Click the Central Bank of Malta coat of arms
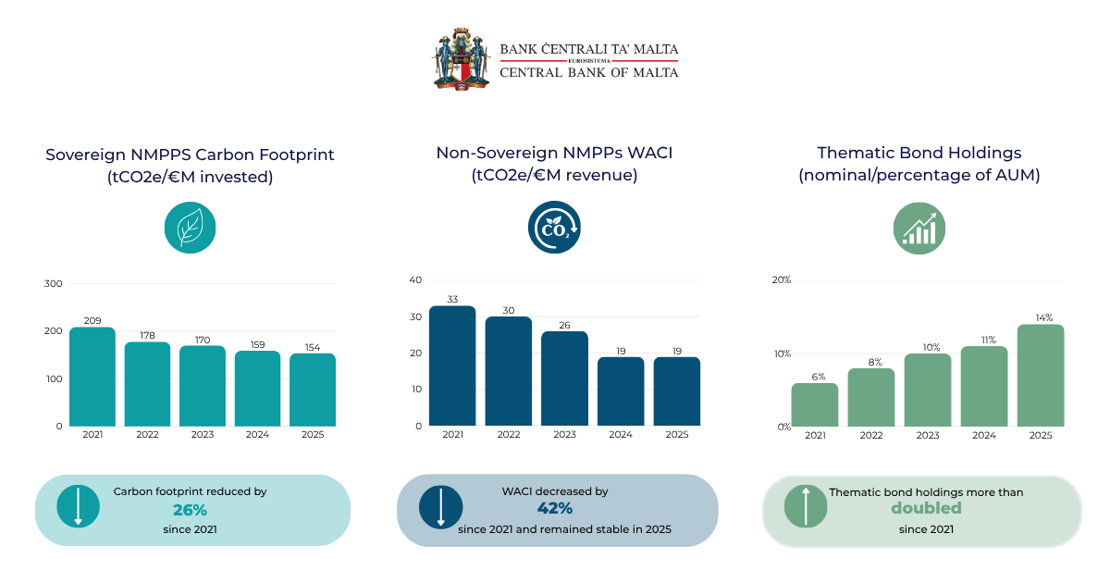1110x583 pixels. pyautogui.click(x=461, y=59)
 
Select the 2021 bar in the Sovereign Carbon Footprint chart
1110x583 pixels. pyautogui.click(x=92, y=377)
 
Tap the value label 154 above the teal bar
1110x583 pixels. pyautogui.click(x=313, y=348)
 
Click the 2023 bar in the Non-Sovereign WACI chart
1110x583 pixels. pyautogui.click(x=564, y=378)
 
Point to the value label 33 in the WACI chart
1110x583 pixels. pyautogui.click(x=452, y=299)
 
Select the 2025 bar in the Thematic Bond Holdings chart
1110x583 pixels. pyautogui.click(x=1041, y=376)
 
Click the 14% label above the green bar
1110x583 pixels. pyautogui.click(x=1044, y=317)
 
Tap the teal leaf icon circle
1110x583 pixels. pyautogui.click(x=191, y=228)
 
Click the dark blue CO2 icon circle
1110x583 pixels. pyautogui.click(x=554, y=227)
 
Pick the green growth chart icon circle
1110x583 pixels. pyautogui.click(x=919, y=228)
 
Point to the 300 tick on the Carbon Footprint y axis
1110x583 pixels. pyautogui.click(x=53, y=283)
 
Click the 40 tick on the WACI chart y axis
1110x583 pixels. pyautogui.click(x=415, y=279)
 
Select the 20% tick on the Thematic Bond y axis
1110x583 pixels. pyautogui.click(x=782, y=280)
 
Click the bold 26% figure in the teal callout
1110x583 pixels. pyautogui.click(x=190, y=510)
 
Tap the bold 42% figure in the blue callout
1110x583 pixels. pyautogui.click(x=555, y=508)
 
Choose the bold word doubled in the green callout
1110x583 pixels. pyautogui.click(x=926, y=508)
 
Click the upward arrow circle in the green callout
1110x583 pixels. pyautogui.click(x=806, y=506)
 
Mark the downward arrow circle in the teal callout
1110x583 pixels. pyautogui.click(x=79, y=506)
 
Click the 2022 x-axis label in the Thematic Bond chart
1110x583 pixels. pyautogui.click(x=871, y=435)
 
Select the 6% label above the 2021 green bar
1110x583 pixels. pyautogui.click(x=818, y=377)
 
